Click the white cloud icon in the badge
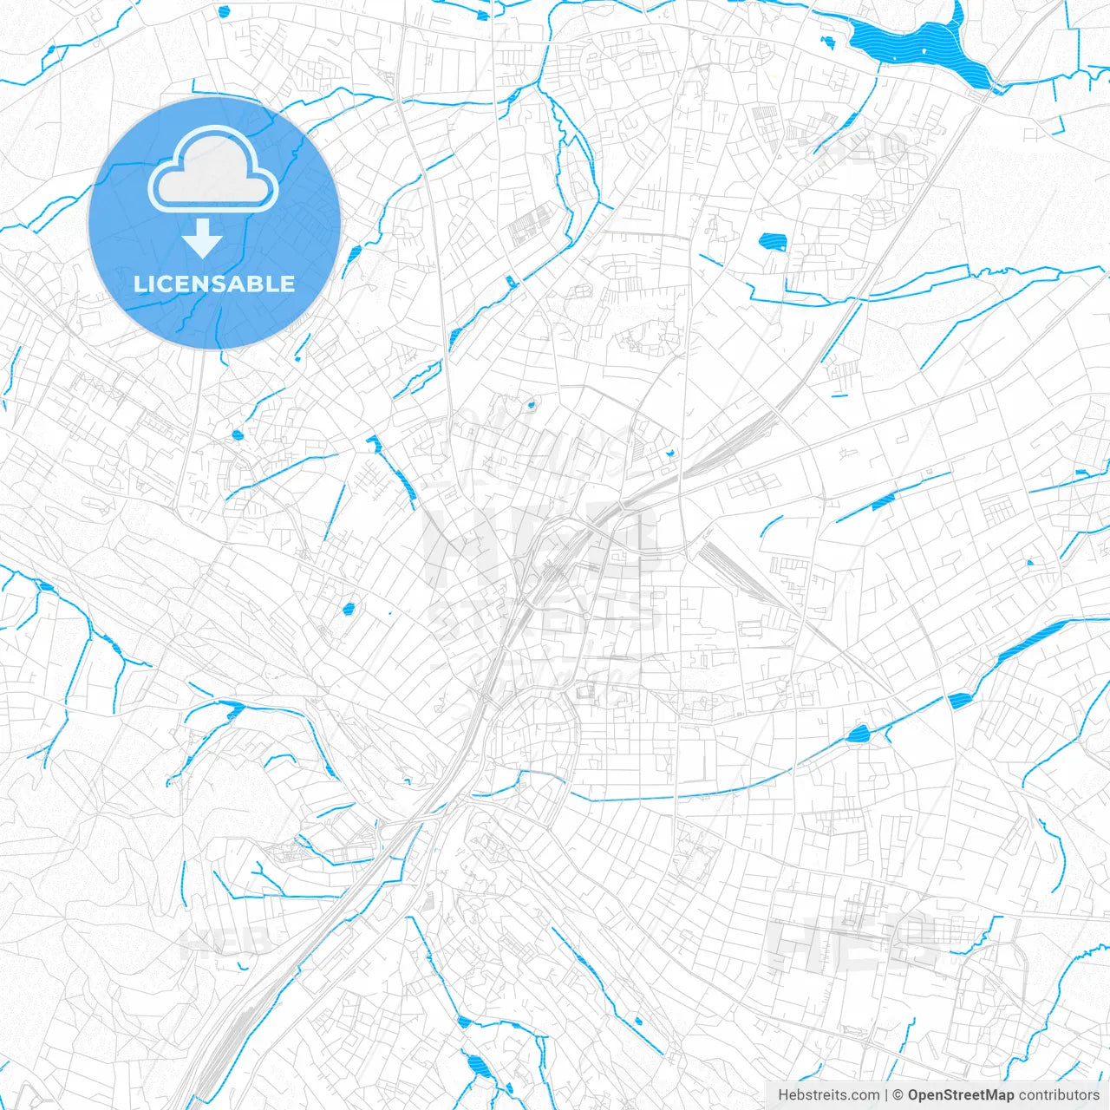coord(213,170)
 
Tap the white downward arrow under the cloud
coord(203,238)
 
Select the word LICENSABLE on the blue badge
coord(214,284)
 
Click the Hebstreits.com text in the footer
coord(828,1095)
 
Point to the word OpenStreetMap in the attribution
coord(961,1095)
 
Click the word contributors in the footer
coord(1059,1095)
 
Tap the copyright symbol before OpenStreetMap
coord(898,1095)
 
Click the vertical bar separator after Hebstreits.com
coord(886,1095)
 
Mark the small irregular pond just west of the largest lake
coord(829,41)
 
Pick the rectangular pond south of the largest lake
coord(770,242)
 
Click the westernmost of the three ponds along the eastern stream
coord(859,735)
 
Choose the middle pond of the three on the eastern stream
coord(957,701)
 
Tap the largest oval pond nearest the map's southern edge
coord(474,1066)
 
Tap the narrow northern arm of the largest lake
coord(957,17)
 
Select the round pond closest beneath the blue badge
coord(238,434)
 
